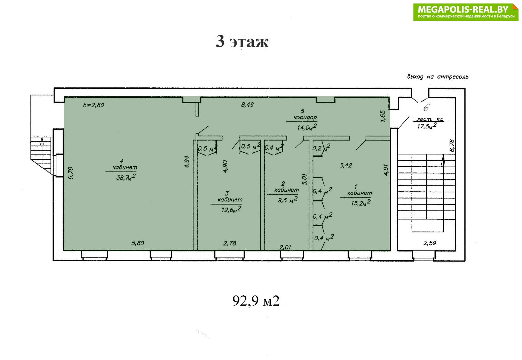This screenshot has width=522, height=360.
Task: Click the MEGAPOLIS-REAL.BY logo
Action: tap(466, 12)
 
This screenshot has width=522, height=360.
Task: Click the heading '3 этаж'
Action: tap(242, 42)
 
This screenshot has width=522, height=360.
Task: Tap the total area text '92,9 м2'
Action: tap(256, 301)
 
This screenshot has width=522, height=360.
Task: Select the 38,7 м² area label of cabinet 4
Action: tap(126, 177)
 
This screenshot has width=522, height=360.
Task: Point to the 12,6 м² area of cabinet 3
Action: tap(231, 210)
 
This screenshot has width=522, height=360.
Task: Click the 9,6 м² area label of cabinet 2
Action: tap(287, 200)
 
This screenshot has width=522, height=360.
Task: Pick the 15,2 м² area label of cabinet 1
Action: tap(361, 202)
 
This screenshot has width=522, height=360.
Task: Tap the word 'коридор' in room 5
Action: tap(305, 117)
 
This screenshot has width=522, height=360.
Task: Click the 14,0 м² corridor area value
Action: tap(307, 127)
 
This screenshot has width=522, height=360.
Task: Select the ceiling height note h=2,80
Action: tap(94, 105)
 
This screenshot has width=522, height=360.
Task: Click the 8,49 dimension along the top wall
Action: tap(247, 105)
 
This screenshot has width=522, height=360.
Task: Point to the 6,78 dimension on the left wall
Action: tap(71, 173)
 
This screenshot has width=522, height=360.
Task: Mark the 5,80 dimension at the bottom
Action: tap(138, 243)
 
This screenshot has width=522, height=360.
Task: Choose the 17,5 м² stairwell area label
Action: tap(427, 126)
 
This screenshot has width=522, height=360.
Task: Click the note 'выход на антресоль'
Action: tap(438, 77)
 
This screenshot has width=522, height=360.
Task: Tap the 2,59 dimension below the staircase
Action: tap(430, 243)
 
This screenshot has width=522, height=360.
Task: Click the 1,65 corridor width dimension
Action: tap(383, 116)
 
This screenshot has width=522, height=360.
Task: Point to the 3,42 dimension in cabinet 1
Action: tap(346, 166)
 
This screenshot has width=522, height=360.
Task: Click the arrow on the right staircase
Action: tap(443, 160)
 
